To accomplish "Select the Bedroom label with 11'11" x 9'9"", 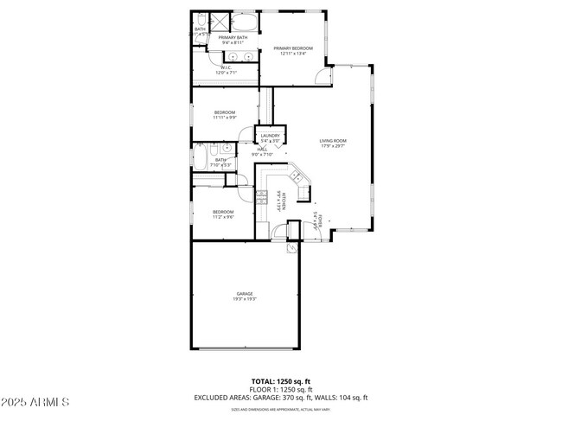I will click(224, 114).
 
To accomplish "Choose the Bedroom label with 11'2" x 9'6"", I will click(223, 214).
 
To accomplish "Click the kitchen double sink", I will click(296, 177).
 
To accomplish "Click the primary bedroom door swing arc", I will click(322, 76).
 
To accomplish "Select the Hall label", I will click(260, 152).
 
